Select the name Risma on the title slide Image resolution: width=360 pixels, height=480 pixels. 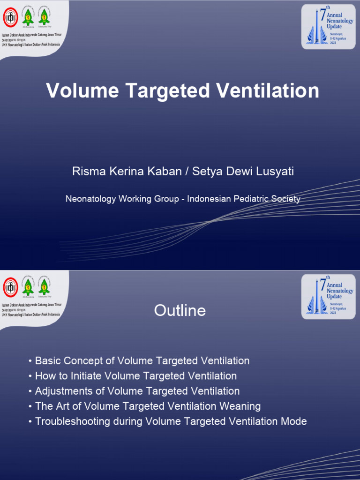coord(85,172)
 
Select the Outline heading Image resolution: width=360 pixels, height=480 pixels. coord(180,310)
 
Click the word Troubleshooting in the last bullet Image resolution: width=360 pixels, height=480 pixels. coord(73,421)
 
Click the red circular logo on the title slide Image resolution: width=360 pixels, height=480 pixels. coord(10,18)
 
